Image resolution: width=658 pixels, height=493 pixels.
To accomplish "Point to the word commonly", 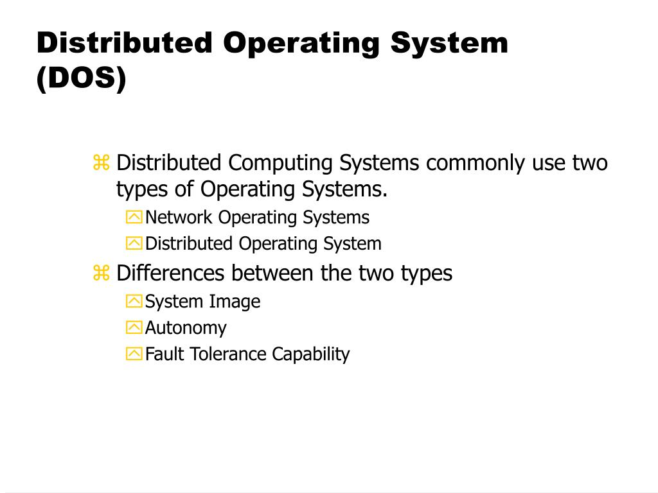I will click(476, 163).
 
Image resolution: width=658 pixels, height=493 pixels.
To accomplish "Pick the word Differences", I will click(171, 273).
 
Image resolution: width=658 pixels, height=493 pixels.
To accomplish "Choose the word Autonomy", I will click(186, 328).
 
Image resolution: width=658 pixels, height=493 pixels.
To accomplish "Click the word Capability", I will click(311, 354).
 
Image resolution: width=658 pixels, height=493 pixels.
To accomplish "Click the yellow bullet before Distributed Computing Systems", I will click(102, 163).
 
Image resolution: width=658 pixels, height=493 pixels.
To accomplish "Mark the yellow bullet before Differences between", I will click(102, 273).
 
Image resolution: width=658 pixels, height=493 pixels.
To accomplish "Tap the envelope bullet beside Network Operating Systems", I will click(134, 218).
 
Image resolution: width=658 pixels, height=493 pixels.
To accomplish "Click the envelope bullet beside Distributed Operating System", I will click(134, 244).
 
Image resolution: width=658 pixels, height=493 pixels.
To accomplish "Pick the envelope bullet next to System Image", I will click(134, 302).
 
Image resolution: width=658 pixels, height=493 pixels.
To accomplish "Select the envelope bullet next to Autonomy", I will click(134, 328).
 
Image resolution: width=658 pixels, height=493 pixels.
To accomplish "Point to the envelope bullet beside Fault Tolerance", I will click(134, 354).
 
